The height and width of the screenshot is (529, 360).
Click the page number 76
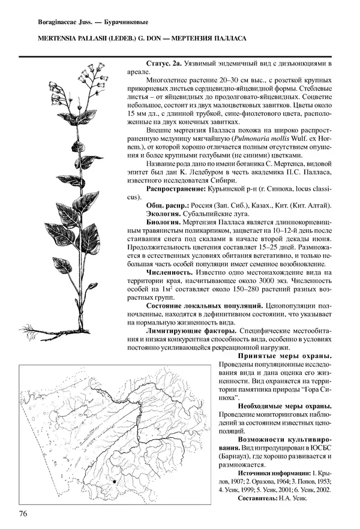[x=24, y=513]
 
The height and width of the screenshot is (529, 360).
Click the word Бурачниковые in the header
[x=124, y=23]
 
